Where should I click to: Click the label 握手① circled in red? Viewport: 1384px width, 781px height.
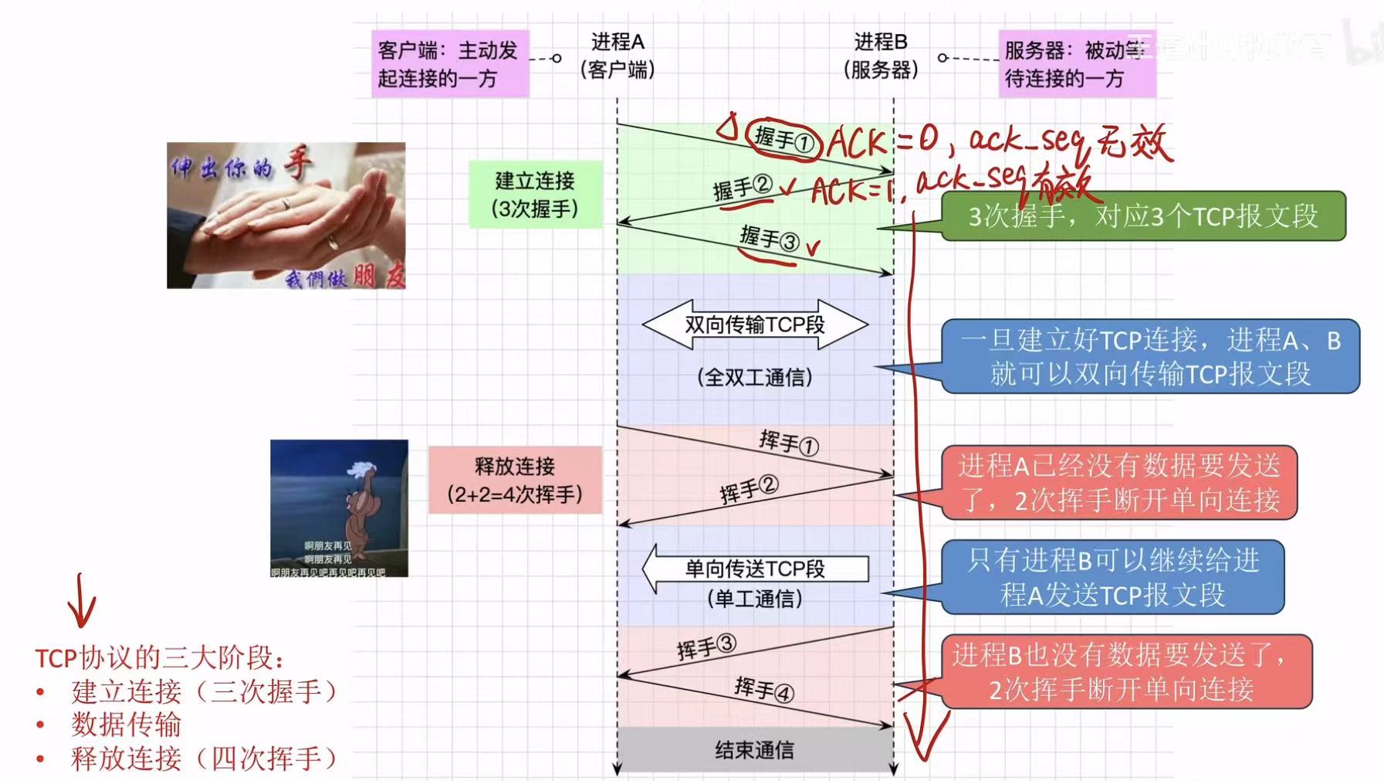783,141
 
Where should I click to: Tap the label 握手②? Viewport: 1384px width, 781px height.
742,187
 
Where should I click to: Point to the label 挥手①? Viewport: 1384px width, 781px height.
788,443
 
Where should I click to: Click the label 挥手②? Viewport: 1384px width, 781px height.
748,489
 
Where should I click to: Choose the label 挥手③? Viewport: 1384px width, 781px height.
706,647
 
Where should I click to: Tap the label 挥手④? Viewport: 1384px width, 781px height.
763,688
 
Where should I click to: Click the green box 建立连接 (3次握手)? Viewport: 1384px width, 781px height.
535,195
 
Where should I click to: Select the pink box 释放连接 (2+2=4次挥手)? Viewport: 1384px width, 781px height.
515,480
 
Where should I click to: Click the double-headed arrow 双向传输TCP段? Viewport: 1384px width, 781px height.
754,324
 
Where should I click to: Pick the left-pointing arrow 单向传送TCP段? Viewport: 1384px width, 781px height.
754,569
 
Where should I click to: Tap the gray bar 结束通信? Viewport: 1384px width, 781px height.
754,749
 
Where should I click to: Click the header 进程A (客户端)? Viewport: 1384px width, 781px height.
618,56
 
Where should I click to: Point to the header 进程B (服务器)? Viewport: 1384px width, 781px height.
881,56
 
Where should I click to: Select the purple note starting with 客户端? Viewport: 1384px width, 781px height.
450,63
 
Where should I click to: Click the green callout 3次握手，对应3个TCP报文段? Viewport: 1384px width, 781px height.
1142,216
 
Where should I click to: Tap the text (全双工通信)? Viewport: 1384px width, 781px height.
754,377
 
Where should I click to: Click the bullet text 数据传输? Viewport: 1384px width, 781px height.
127,725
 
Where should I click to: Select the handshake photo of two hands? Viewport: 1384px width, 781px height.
286,216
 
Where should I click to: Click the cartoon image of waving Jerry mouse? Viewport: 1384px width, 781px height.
339,508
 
